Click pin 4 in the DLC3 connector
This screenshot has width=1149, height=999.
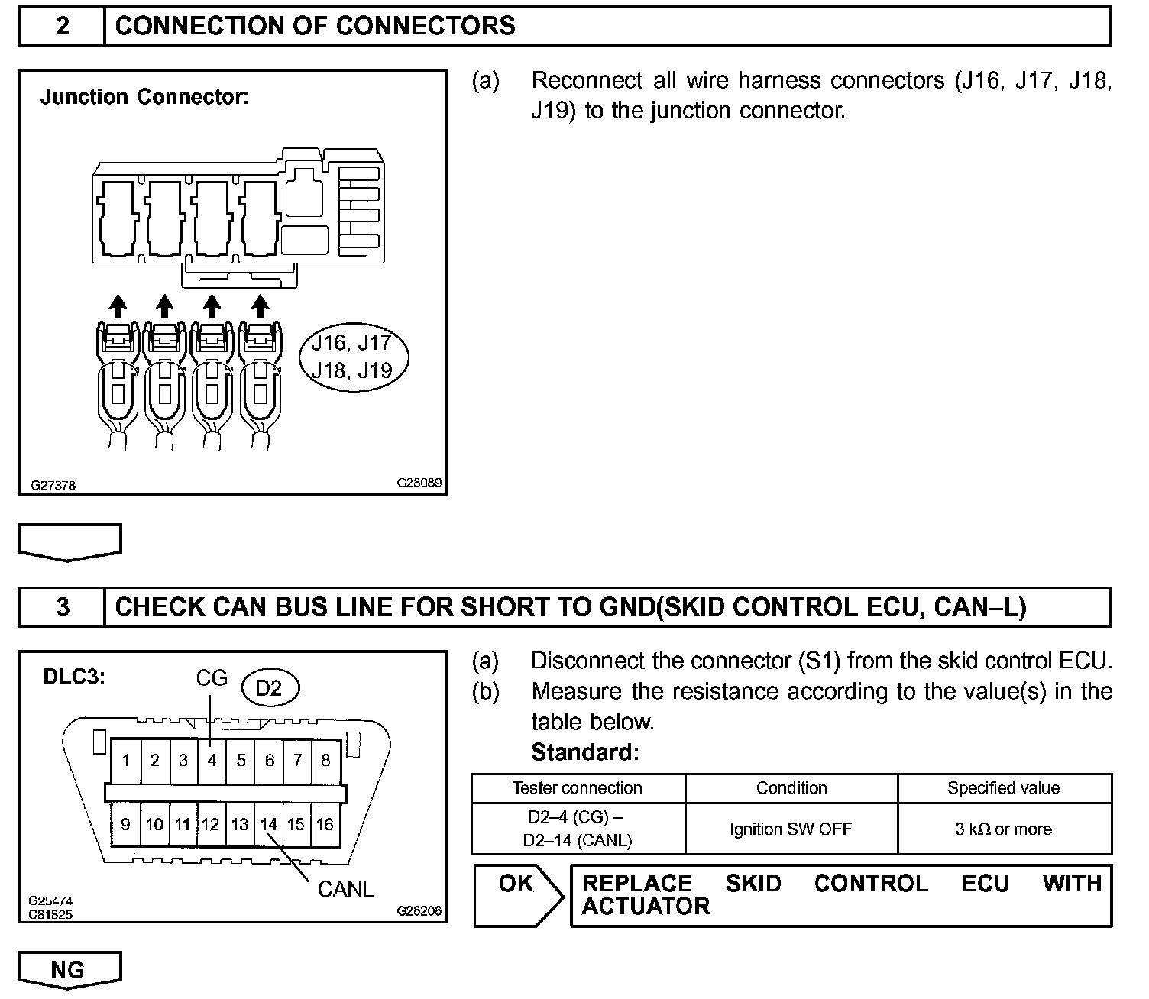212,760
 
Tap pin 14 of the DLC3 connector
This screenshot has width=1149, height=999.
268,824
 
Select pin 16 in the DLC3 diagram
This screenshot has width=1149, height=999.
325,824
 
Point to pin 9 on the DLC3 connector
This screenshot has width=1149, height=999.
125,824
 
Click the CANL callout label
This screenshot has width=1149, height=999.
345,889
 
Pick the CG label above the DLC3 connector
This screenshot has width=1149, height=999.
212,677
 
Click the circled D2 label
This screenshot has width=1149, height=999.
269,687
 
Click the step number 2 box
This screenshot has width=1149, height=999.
62,26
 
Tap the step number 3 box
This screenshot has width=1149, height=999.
62,606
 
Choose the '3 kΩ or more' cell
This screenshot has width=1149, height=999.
1004,829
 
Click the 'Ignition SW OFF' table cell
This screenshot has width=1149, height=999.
791,829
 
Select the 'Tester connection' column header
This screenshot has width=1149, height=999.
578,788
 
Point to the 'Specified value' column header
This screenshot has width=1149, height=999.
1004,788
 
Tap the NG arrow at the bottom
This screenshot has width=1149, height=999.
69,971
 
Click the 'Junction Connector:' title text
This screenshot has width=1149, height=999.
145,97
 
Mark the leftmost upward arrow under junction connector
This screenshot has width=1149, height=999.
117,306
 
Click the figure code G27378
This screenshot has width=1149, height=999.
53,485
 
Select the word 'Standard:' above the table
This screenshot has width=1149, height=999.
584,752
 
